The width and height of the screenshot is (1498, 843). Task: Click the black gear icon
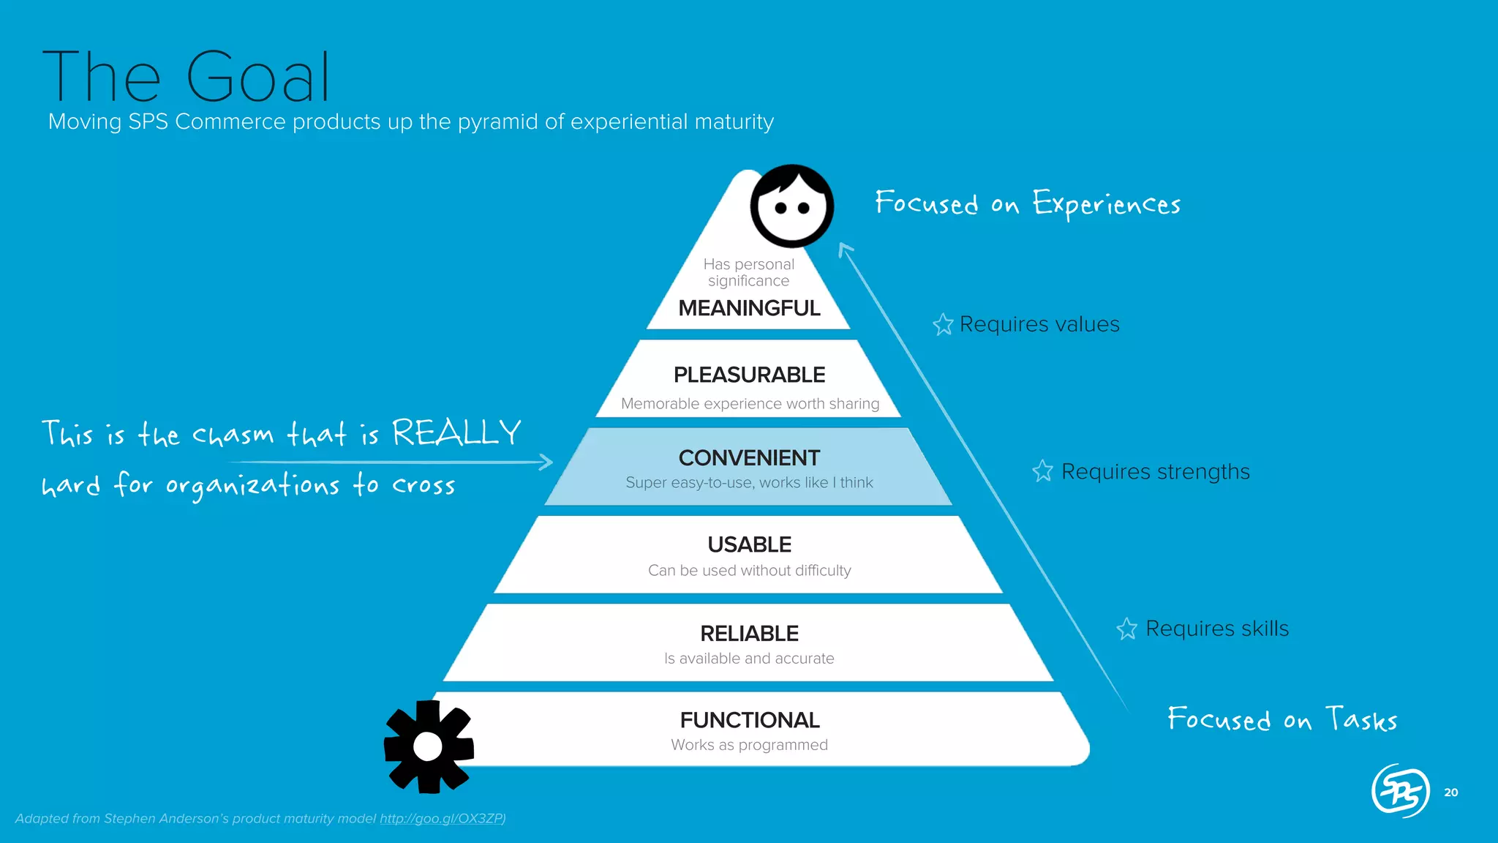(429, 746)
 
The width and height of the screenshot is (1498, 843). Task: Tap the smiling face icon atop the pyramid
(791, 206)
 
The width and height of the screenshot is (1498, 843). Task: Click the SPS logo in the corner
(1400, 790)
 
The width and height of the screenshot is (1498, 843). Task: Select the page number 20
(1451, 793)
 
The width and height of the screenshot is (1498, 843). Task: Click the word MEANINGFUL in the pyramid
(749, 308)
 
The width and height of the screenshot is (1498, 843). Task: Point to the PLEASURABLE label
(749, 375)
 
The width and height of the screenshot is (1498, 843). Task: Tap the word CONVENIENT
(749, 458)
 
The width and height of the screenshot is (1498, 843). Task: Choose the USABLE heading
(749, 544)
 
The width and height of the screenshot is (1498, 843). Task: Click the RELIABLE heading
(749, 633)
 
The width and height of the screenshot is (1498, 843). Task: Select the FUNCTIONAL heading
(749, 720)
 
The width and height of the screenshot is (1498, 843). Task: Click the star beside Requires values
(943, 324)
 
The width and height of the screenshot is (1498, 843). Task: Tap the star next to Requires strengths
(1042, 471)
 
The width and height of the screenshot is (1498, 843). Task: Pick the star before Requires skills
(1126, 629)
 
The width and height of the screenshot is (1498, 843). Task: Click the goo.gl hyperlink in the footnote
(442, 818)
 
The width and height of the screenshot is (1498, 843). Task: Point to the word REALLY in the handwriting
(456, 432)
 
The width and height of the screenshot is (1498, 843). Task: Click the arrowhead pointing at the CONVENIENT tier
(546, 462)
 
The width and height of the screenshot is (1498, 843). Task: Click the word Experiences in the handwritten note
(1106, 204)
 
